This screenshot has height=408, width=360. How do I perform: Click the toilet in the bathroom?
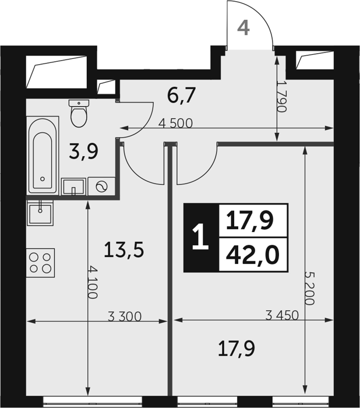pos(79,113)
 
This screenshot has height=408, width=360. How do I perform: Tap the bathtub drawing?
pos(43,156)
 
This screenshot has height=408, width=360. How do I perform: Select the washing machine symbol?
pos(101,187)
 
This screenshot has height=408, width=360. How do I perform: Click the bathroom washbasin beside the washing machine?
pos(73,187)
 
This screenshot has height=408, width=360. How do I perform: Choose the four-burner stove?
pos(40,263)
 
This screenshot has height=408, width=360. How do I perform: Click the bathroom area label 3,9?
pos(83,152)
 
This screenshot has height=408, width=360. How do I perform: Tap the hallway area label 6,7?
pos(181,96)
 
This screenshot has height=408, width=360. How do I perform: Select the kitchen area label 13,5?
pos(123,249)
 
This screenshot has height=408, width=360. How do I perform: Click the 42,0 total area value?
pos(253,255)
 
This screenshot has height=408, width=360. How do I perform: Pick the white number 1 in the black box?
pos(200,238)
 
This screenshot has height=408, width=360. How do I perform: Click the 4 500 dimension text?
pos(175,124)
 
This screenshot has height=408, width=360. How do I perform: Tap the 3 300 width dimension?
pos(125,316)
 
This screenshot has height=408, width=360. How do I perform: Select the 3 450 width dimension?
pos(282,315)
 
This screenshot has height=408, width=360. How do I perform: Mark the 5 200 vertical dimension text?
pos(309,289)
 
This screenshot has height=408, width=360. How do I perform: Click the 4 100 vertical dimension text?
pos(93,282)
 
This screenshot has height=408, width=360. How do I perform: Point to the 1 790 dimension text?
pos(281,97)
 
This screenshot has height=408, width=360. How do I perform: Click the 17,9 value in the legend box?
pos(250,221)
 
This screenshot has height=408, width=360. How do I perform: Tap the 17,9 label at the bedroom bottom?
pos(236,349)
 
